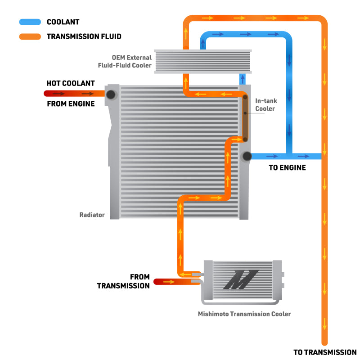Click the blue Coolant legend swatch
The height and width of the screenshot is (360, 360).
30,22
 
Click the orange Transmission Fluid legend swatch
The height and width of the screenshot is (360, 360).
30,36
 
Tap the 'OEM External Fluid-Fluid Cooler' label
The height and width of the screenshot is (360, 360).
125,62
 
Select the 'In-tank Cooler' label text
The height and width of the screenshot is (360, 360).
265,105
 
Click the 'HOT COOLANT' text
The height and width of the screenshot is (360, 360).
71,83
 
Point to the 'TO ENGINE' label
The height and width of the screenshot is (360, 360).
288,168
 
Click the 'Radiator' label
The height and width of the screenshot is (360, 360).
92,215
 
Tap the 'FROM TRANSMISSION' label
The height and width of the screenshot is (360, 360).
123,281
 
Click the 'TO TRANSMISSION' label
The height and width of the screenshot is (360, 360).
324,352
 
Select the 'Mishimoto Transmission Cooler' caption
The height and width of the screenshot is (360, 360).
244,314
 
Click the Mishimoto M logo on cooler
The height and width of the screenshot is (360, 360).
241,279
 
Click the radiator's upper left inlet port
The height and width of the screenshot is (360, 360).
111,94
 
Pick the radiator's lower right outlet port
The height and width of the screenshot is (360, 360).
246,156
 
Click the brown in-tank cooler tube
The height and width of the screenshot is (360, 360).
245,118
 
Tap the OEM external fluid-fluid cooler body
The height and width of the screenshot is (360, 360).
202,62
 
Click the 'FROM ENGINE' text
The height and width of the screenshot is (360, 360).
71,104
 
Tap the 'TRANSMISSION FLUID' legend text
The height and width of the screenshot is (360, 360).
84,36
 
